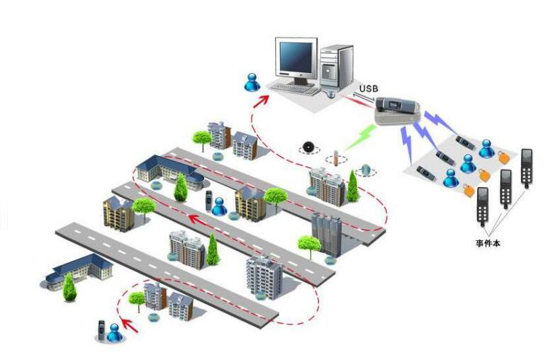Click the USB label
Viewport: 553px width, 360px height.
pyautogui.click(x=369, y=88)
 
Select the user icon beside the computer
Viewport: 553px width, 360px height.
pyautogui.click(x=252, y=81)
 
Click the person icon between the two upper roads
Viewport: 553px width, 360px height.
pyautogui.click(x=219, y=206)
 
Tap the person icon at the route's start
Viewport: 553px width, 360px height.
pyautogui.click(x=113, y=331)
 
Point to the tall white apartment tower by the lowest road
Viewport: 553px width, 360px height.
pyautogui.click(x=264, y=277)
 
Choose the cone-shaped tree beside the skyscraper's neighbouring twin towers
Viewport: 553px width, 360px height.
pyautogui.click(x=352, y=186)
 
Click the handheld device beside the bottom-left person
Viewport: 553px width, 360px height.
pyautogui.click(x=101, y=330)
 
